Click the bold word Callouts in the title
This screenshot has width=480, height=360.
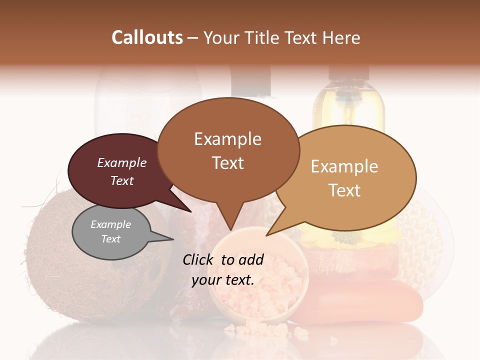tap(147, 37)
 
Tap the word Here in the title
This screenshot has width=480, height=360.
tap(341, 37)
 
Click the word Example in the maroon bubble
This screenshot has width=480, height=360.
tap(121, 163)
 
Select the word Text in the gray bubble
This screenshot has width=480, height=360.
tap(111, 239)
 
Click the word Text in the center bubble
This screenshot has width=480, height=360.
tap(228, 163)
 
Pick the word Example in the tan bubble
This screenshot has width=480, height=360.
tap(344, 166)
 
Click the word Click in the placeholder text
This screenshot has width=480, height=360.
tap(199, 259)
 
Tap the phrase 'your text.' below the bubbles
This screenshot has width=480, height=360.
tap(223, 280)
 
